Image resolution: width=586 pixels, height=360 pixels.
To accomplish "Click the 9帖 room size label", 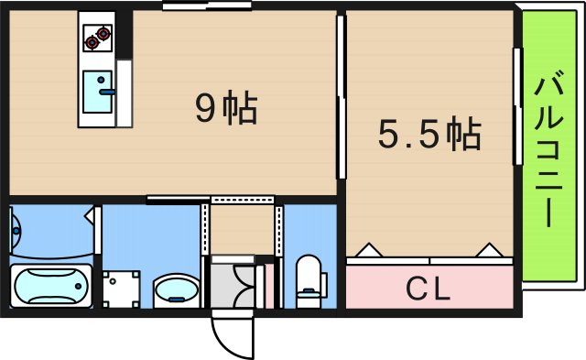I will (226, 110).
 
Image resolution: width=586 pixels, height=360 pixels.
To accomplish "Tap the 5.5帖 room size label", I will (429, 136).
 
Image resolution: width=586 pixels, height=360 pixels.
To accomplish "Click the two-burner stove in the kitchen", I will (96, 38).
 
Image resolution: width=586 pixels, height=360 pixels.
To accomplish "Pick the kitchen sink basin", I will (96, 91).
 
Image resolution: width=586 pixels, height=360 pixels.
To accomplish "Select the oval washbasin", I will (175, 291).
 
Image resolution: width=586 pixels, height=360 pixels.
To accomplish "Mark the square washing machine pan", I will (121, 289).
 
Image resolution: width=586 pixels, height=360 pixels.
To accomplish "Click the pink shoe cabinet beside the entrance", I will (269, 285).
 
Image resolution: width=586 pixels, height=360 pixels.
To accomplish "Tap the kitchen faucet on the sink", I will (107, 92).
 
